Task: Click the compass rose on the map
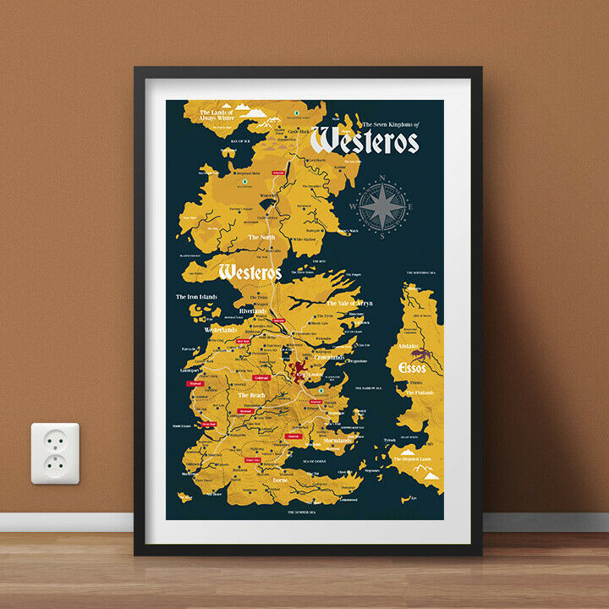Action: [x=382, y=206]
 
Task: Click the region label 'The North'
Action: [x=261, y=238]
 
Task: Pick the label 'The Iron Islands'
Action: [x=196, y=297]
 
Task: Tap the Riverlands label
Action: [x=253, y=311]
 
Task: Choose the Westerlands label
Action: [x=221, y=329]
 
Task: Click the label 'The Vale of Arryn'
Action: [x=350, y=303]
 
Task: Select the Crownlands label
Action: [x=330, y=358]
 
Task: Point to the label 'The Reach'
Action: [x=251, y=395]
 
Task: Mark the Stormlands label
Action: [x=337, y=441]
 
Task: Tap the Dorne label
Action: [x=281, y=480]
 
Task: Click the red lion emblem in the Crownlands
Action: [x=299, y=369]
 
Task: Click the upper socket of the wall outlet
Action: [x=55, y=441]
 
